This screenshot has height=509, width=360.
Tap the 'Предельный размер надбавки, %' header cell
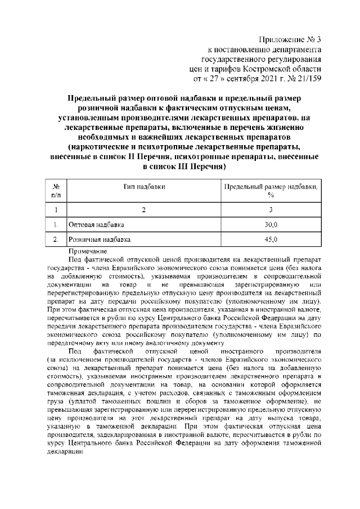271,191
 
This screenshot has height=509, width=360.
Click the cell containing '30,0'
271,225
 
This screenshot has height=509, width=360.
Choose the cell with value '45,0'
271,240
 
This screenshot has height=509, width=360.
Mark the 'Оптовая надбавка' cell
96,225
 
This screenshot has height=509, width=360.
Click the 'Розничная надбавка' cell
99,240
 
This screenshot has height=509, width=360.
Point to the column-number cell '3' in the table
271,210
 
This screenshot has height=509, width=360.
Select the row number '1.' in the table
56,225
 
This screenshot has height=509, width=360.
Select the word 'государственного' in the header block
236,58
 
